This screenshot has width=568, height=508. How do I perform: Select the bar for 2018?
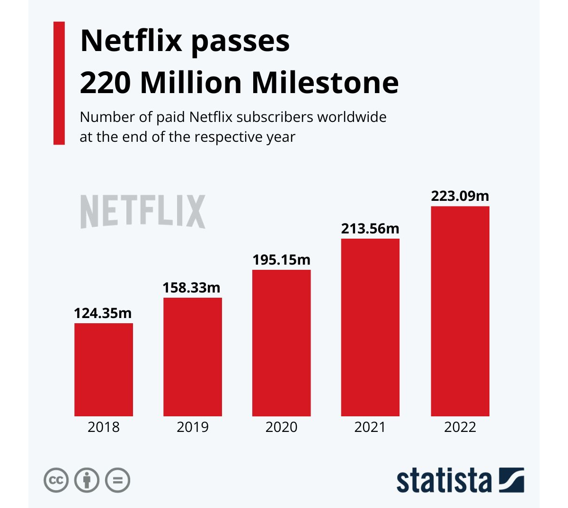click(x=104, y=370)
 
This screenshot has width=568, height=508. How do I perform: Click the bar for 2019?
click(x=193, y=357)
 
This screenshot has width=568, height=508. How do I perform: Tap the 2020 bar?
click(x=282, y=343)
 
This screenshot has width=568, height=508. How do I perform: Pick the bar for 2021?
click(x=370, y=327)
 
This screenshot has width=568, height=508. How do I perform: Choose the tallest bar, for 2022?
click(x=460, y=311)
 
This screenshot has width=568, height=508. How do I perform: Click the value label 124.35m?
click(x=103, y=313)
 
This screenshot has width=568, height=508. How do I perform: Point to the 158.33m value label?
click(x=192, y=288)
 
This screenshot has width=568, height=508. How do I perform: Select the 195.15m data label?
click(x=282, y=260)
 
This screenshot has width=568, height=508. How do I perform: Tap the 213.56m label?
click(x=370, y=229)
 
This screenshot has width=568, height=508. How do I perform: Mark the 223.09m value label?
click(x=460, y=196)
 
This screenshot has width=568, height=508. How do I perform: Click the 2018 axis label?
click(x=104, y=427)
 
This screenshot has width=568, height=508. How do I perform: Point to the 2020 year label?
click(x=282, y=427)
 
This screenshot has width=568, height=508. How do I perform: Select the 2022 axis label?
click(x=460, y=427)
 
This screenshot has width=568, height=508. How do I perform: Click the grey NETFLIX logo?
click(x=143, y=212)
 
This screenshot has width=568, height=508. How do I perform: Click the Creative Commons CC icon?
click(x=56, y=480)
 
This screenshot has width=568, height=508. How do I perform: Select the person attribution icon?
click(x=87, y=480)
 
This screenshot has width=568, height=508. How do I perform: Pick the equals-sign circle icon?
click(x=117, y=480)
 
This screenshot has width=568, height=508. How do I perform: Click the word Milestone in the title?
click(x=325, y=83)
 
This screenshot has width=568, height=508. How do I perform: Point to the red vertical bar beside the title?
click(x=59, y=83)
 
